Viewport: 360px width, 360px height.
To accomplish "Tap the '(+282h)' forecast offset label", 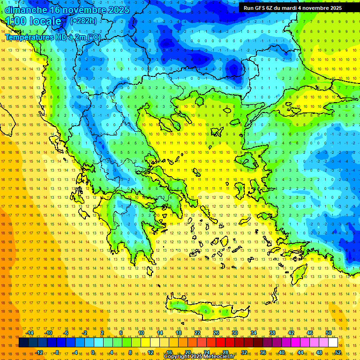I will pyautogui.click(x=83, y=21).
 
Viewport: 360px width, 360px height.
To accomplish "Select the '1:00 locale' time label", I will pyautogui.click(x=34, y=21).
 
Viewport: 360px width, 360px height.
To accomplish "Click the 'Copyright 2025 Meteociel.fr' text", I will pyautogui.click(x=199, y=357).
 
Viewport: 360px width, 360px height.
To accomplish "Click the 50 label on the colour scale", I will pyautogui.click(x=329, y=333).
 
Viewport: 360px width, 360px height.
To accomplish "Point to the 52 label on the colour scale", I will pyautogui.click(x=337, y=352).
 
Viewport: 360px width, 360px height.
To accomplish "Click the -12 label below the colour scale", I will pyautogui.click(x=39, y=352).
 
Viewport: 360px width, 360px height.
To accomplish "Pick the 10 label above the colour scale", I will pyautogui.click(x=141, y=333).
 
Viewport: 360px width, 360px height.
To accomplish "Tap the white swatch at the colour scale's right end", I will pyautogui.click(x=333, y=343).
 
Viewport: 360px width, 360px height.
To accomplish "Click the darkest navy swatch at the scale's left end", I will pyautogui.click(x=23, y=343).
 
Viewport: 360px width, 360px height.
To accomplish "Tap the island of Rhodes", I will pyautogui.click(x=299, y=273).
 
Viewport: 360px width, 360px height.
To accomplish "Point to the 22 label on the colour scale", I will pyautogui.click(x=197, y=333).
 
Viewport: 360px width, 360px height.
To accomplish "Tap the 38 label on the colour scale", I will pyautogui.click(x=272, y=333).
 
